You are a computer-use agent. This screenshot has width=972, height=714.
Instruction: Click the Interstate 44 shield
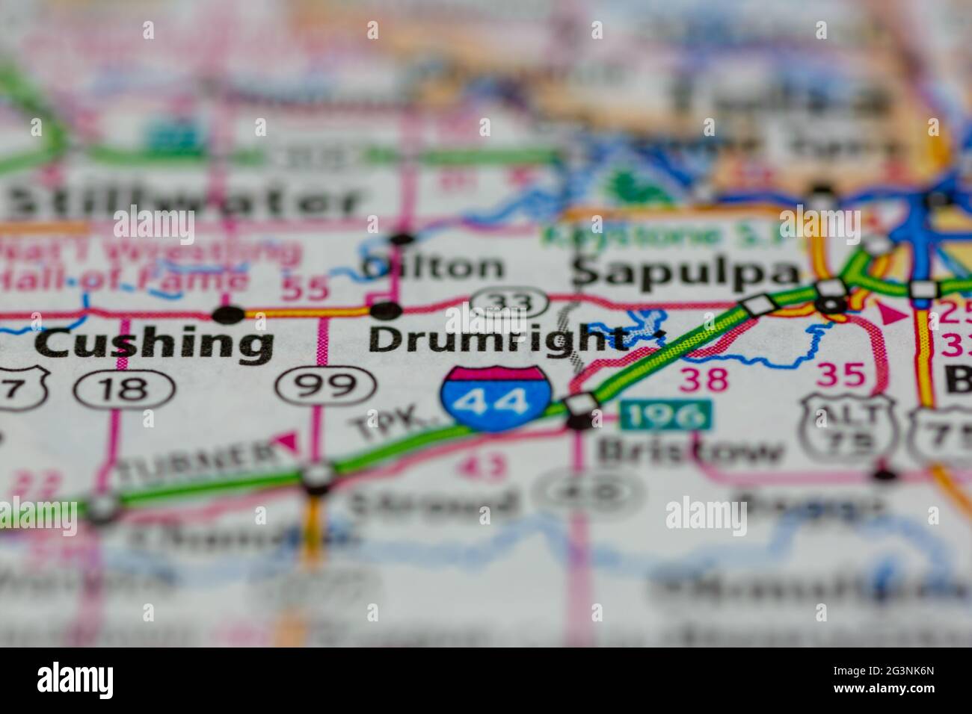click(x=496, y=398)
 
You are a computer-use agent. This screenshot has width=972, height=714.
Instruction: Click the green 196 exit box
click(x=666, y=415)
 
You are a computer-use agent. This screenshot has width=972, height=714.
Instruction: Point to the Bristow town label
click(x=692, y=452)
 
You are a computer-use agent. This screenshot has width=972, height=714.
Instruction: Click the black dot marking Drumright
click(x=385, y=309)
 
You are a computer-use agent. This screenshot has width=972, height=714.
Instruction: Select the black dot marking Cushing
click(x=229, y=314)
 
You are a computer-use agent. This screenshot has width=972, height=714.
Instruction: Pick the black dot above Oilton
click(x=402, y=239)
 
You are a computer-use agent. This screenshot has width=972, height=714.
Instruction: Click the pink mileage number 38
click(x=704, y=379)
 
